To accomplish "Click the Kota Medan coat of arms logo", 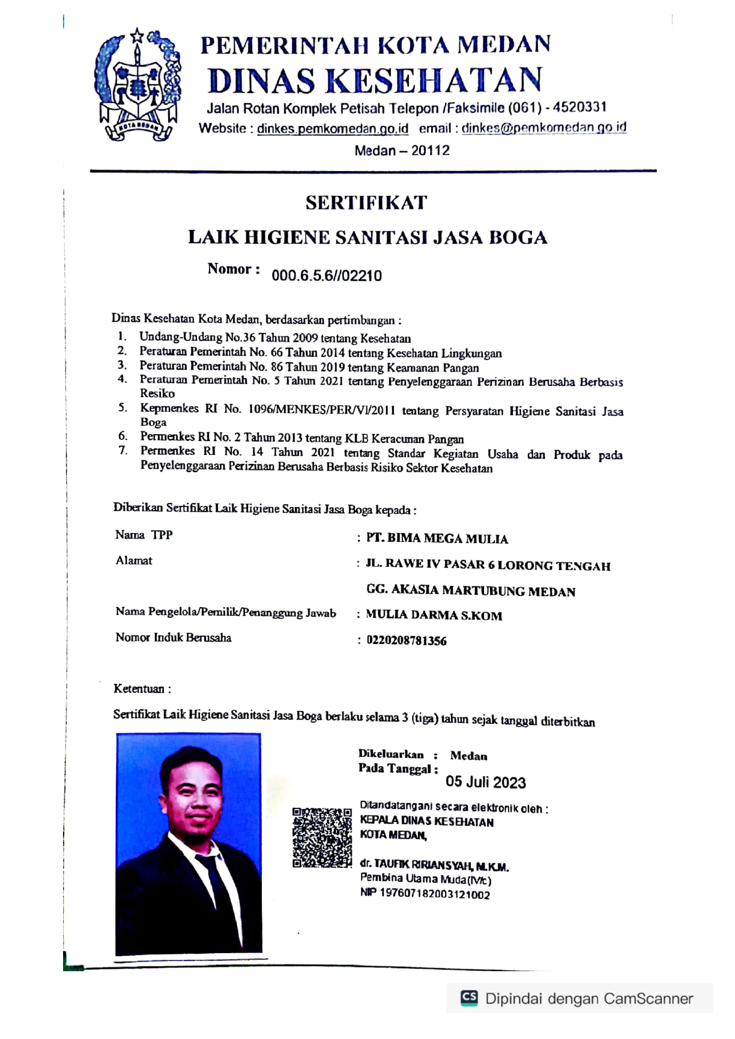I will [138, 85].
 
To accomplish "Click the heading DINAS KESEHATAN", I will [375, 80].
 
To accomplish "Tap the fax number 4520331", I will [579, 107].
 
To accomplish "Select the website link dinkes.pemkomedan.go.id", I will [333, 128].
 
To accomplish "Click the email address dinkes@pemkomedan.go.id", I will [543, 128].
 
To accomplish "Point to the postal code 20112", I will [431, 151].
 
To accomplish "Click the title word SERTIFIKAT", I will [366, 203].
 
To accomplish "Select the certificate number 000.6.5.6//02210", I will [327, 276].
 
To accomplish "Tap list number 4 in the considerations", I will [122, 379].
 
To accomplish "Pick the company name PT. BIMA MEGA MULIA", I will [437, 538].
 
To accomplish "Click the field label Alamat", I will [134, 561].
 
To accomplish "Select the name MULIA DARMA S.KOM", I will [434, 615].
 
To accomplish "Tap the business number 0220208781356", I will [407, 640].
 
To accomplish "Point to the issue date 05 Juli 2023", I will [485, 783].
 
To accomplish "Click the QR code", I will [322, 837].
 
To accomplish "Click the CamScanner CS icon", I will [469, 998].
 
